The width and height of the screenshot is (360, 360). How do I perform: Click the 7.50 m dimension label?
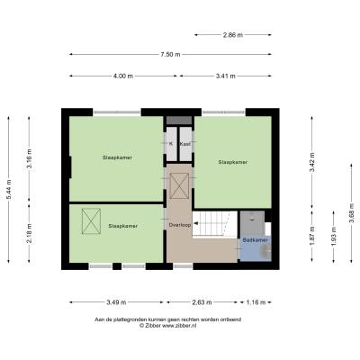(x=170, y=54)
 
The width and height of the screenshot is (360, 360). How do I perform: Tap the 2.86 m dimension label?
(x=233, y=35)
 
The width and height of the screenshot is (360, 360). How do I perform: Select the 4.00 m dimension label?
(x=123, y=76)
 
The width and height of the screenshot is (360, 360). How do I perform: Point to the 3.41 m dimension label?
(x=226, y=76)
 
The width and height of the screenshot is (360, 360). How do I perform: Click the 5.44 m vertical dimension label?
(x=9, y=189)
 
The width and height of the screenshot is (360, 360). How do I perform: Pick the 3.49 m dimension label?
(x=116, y=302)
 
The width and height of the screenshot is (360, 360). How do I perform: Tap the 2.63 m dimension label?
(x=202, y=302)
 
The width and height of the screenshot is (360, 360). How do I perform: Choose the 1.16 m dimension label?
(x=256, y=302)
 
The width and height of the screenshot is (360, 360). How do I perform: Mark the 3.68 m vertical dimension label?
(x=352, y=212)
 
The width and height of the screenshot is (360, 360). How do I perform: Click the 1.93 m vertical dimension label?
(x=334, y=237)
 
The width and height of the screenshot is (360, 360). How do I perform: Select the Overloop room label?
(x=180, y=225)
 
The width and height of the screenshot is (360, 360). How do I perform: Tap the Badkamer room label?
(x=256, y=240)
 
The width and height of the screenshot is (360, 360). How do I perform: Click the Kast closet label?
(x=185, y=144)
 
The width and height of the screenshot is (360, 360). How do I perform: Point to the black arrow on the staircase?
(x=195, y=223)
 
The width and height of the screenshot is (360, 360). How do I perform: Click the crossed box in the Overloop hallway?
(x=179, y=185)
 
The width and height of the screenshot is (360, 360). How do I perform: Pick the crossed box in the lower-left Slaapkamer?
(x=91, y=221)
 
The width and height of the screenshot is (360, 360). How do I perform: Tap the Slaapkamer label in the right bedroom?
(x=233, y=162)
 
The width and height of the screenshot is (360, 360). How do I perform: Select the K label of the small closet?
(x=171, y=144)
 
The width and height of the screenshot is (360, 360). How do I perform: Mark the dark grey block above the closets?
(x=179, y=121)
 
